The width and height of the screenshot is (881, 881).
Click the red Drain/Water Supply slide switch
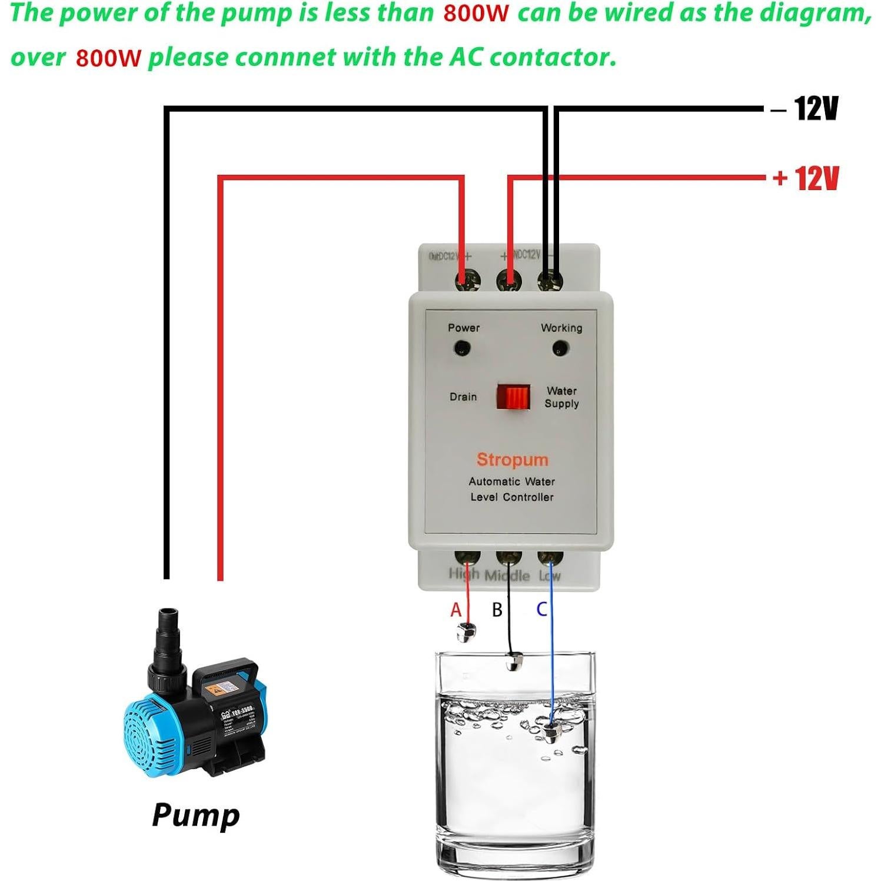(513, 397)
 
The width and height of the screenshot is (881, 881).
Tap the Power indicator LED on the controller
(461, 349)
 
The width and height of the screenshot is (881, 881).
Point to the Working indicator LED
(560, 349)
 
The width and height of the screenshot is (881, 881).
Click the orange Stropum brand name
(512, 460)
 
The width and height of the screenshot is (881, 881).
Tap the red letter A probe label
(456, 610)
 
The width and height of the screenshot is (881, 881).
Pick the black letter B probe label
(497, 610)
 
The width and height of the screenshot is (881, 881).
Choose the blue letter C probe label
(542, 609)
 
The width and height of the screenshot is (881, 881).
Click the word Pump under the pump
(196, 815)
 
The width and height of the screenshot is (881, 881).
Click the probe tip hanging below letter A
(467, 633)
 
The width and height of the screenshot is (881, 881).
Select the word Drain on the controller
(463, 397)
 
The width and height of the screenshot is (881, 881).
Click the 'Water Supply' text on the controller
(561, 397)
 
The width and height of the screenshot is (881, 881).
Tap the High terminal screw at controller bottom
(467, 557)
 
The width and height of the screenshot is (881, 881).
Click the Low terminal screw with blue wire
(550, 557)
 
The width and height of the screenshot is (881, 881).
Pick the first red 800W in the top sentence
(476, 13)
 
